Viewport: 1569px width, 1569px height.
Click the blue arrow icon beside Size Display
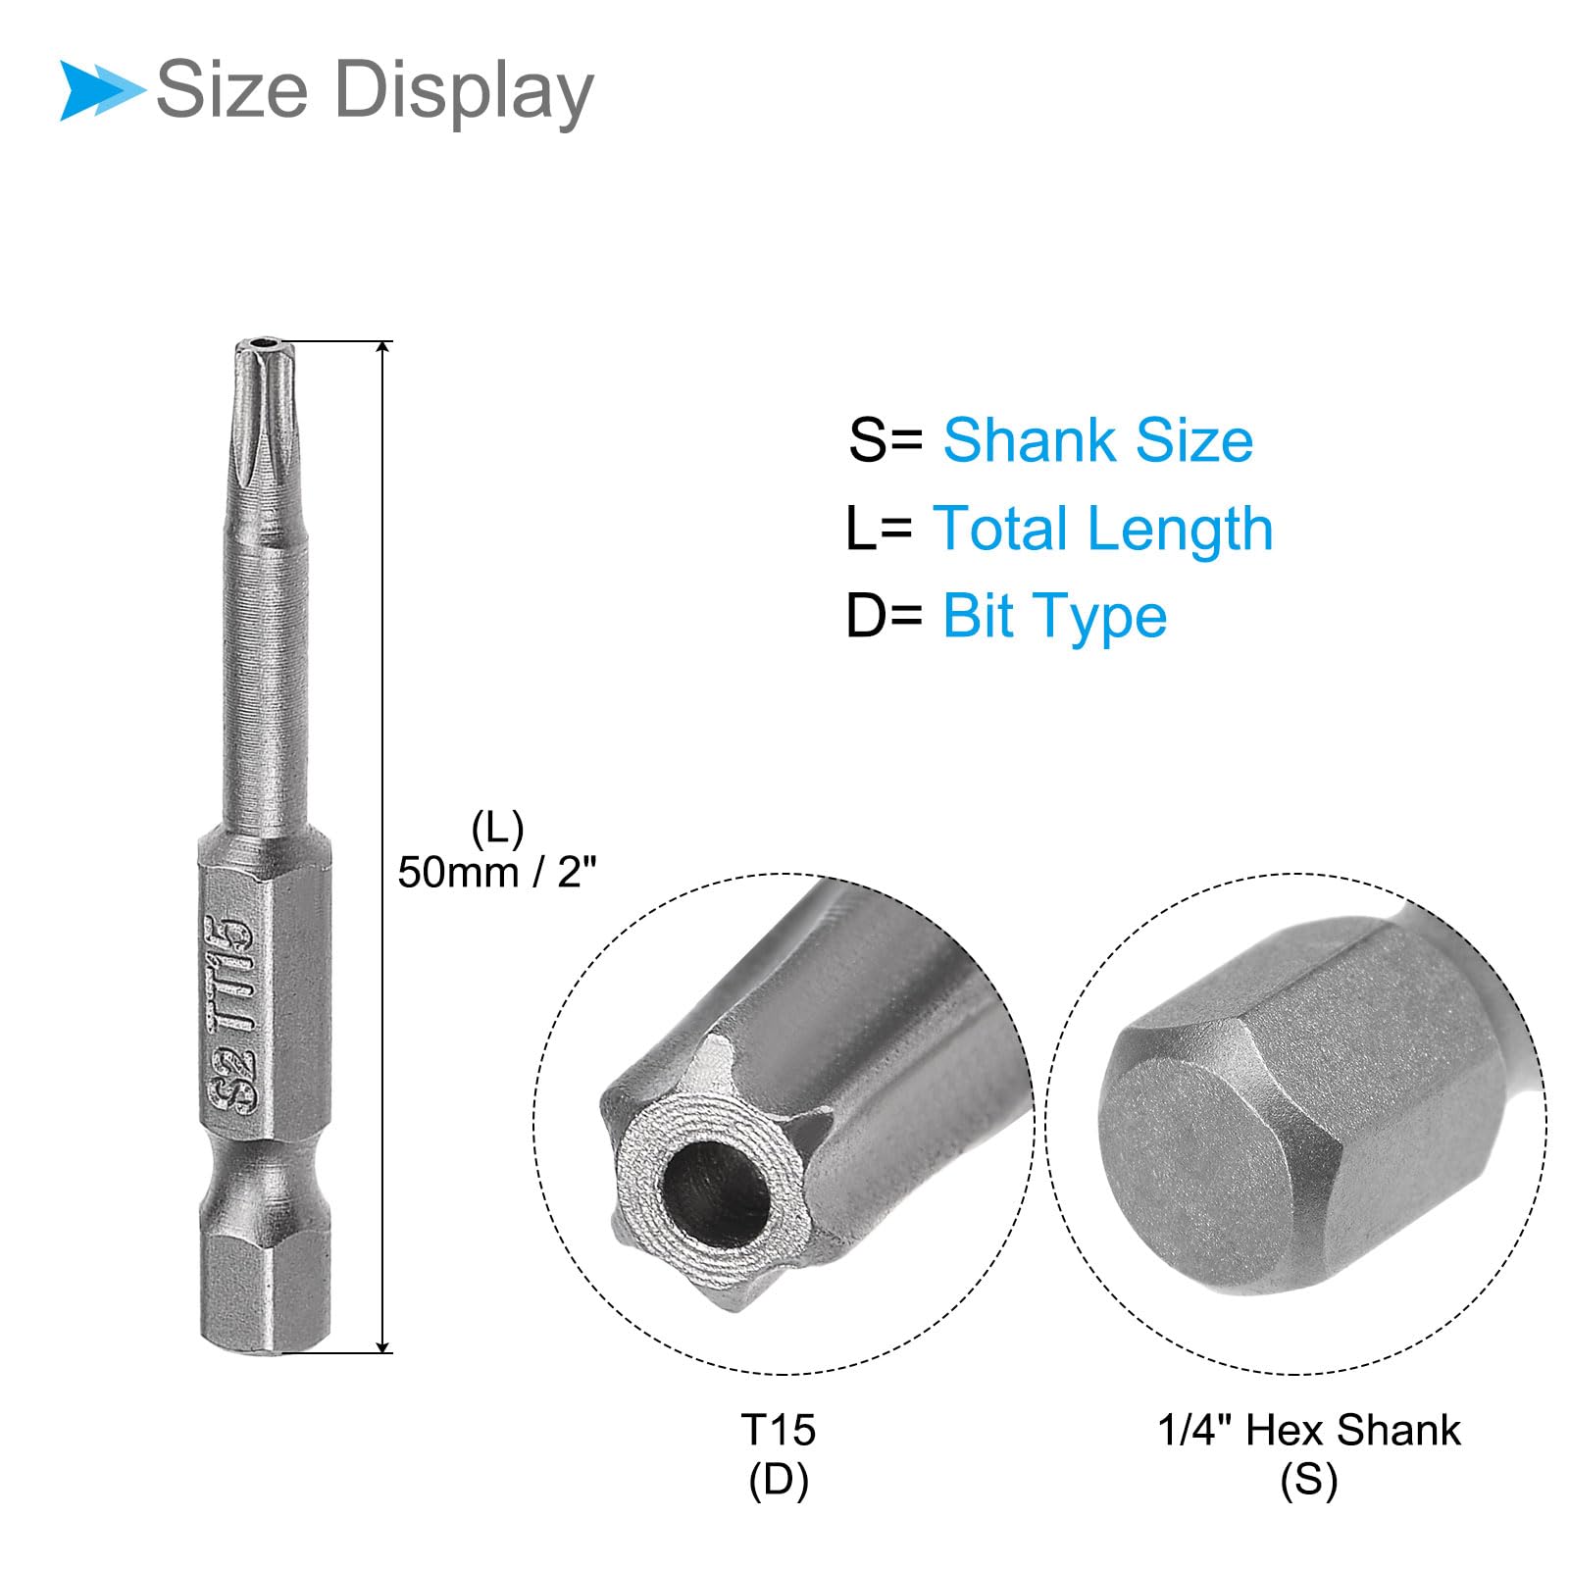(x=101, y=90)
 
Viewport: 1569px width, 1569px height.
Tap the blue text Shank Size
(x=1097, y=439)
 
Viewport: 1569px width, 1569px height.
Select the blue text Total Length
(x=1102, y=529)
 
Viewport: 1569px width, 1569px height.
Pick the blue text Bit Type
(x=1054, y=617)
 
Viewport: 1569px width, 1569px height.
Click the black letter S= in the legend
(x=886, y=439)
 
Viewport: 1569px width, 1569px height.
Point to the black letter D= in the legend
(x=885, y=616)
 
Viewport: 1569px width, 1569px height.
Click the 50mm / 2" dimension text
(x=497, y=871)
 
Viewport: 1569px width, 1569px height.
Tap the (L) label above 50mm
(x=497, y=830)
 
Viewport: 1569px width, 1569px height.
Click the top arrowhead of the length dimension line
(x=383, y=349)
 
